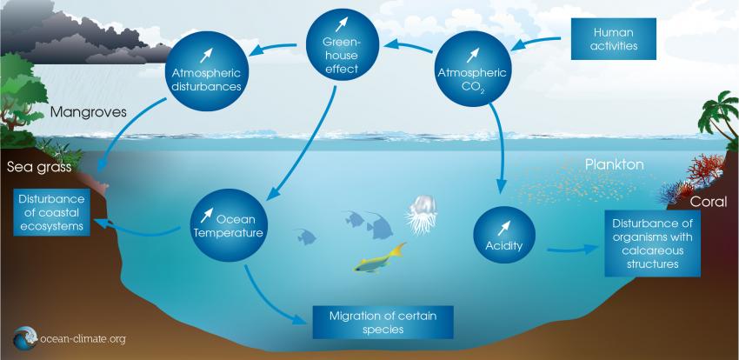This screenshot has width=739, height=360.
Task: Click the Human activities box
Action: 613,39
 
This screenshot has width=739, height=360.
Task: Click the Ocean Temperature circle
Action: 229,225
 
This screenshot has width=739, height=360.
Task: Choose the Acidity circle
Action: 504,235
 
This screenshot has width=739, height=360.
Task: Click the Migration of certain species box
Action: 383,323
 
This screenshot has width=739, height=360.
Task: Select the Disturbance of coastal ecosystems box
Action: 52,212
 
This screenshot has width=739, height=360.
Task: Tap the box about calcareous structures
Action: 652,243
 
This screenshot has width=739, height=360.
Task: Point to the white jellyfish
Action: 422,215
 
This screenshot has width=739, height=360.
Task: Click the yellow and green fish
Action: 379,259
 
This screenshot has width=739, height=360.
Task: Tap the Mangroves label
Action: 88,113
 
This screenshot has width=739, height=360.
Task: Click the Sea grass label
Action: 39,168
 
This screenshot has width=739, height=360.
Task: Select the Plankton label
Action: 614,165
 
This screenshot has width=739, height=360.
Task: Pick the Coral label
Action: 709,202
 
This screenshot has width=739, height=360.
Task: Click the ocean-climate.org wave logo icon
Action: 25,337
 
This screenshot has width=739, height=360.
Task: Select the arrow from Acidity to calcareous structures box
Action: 572,249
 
